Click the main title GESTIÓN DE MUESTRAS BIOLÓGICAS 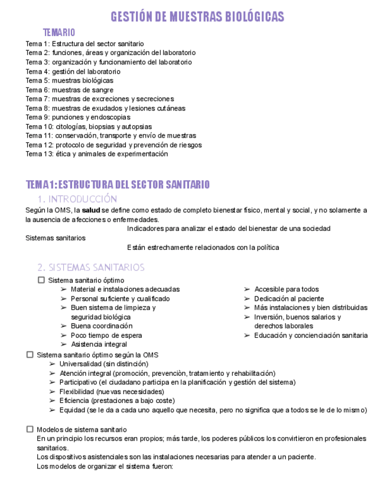click(x=197, y=17)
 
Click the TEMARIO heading click(x=59, y=32)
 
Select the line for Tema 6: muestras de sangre click(x=69, y=90)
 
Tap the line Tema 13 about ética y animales click(x=96, y=154)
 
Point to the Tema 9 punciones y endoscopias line click(x=77, y=118)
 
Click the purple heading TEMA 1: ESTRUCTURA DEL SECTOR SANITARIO click(x=118, y=185)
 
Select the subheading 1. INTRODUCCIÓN click(x=77, y=199)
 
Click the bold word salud click(x=91, y=210)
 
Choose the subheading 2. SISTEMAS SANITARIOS click(x=90, y=268)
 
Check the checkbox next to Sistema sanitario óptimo click(x=41, y=280)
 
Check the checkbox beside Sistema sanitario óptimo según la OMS click(x=30, y=354)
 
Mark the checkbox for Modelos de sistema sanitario click(x=30, y=430)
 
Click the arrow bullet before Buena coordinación click(x=63, y=326)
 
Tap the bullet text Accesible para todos click(x=286, y=289)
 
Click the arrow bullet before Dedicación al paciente click(x=247, y=299)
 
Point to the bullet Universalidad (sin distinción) click(x=103, y=364)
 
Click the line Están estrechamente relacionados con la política click(x=203, y=248)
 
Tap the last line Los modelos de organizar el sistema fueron click(x=104, y=466)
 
